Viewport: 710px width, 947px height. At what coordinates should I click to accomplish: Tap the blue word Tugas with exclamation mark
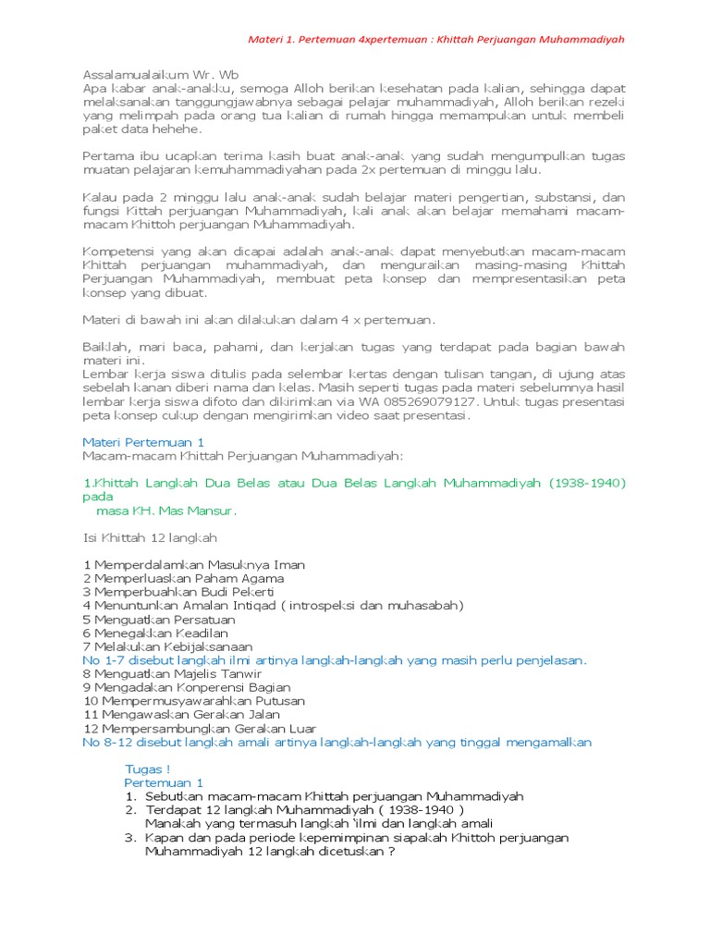(x=148, y=769)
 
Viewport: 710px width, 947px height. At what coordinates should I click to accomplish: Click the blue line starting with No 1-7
(x=334, y=660)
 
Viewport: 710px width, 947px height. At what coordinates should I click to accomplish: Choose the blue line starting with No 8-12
(x=337, y=742)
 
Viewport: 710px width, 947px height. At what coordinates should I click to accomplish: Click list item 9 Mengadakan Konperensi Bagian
(x=186, y=687)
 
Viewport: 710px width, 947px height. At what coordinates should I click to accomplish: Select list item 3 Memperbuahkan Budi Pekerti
(x=178, y=591)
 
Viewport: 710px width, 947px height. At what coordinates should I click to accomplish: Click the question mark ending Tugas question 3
(x=392, y=851)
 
